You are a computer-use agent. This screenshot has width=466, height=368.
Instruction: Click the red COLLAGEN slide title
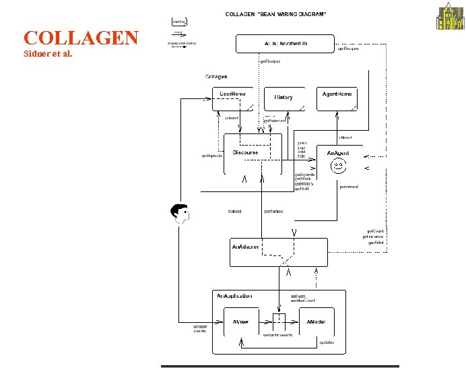pyautogui.click(x=81, y=38)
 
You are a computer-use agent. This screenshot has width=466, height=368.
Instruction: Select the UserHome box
pyautogui.click(x=233, y=98)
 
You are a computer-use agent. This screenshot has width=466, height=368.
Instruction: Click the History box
pyautogui.click(x=284, y=98)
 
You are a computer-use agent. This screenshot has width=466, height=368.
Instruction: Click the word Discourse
pyautogui.click(x=245, y=153)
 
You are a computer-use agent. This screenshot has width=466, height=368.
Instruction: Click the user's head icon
pyautogui.click(x=180, y=212)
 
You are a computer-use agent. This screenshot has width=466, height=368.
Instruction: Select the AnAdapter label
pyautogui.click(x=245, y=247)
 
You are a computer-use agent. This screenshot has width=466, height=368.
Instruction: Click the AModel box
pyautogui.click(x=316, y=322)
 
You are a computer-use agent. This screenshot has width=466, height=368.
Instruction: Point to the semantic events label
pyautogui.click(x=277, y=335)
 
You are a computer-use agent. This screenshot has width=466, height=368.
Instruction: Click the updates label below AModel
pyautogui.click(x=327, y=342)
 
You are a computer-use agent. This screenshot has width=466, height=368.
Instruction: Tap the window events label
pyautogui.click(x=200, y=329)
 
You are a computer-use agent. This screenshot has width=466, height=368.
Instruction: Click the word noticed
pyautogui.click(x=234, y=212)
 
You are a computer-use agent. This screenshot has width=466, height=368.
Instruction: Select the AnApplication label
pyautogui.click(x=234, y=296)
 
